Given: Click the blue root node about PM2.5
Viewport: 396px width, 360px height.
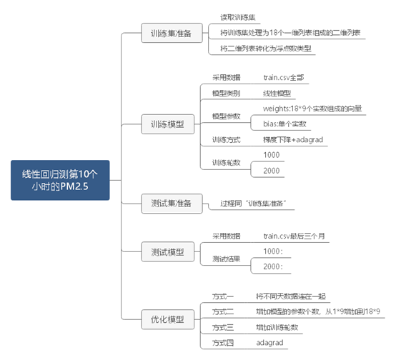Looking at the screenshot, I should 60,180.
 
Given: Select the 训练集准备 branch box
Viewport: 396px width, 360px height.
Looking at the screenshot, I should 166,34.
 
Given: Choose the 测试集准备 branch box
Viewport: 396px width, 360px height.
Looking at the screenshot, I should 166,204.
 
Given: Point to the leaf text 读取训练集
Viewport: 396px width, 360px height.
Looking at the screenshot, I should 239,16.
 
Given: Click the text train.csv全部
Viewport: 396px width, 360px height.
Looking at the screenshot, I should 286,76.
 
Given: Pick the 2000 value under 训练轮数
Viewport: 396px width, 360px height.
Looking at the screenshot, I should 272,171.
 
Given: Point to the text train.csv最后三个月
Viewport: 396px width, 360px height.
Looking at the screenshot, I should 294,235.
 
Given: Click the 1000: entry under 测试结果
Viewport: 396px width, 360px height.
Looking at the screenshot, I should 273,251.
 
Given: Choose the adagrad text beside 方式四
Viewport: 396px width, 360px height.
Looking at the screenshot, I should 270,343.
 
